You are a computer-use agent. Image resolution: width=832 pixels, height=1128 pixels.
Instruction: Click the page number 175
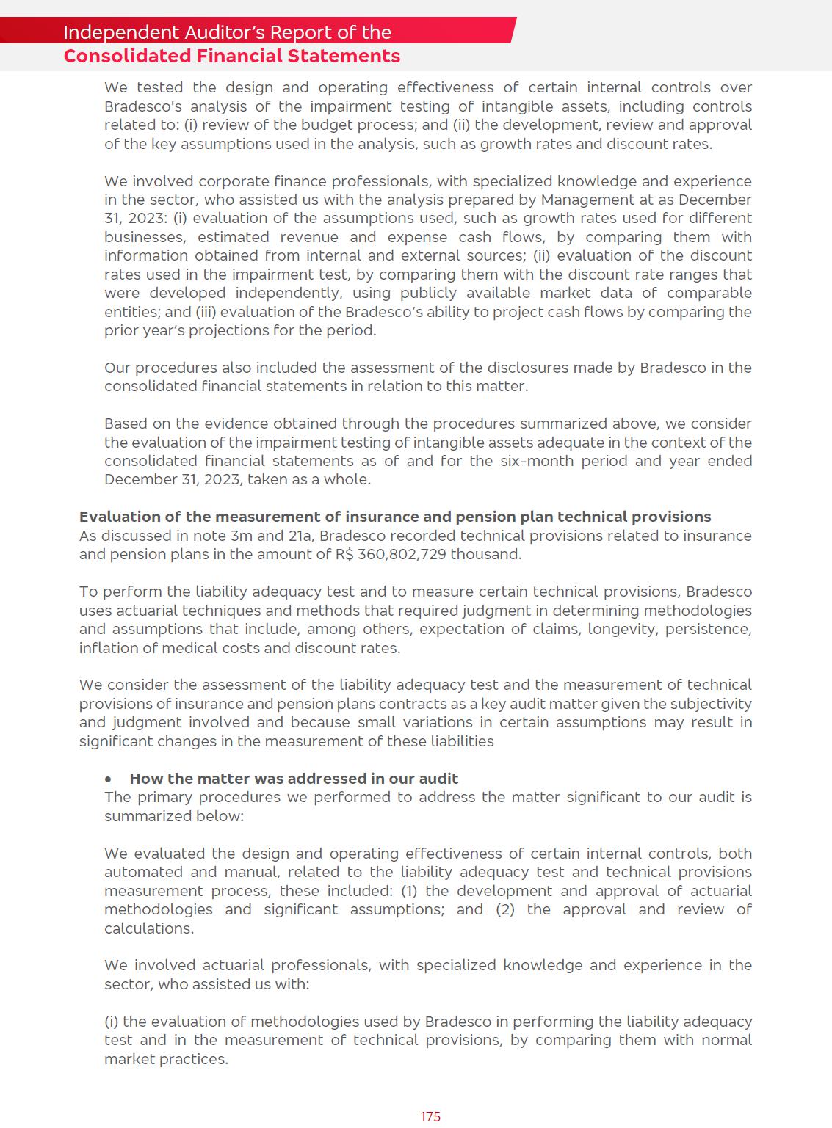coord(430,1116)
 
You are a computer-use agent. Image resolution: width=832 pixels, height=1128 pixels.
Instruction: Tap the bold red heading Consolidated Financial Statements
coord(231,56)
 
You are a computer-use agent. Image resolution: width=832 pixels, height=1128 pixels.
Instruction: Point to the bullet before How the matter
coord(109,779)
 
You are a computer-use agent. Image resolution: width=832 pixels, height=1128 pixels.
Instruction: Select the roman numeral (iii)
coord(206,312)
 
